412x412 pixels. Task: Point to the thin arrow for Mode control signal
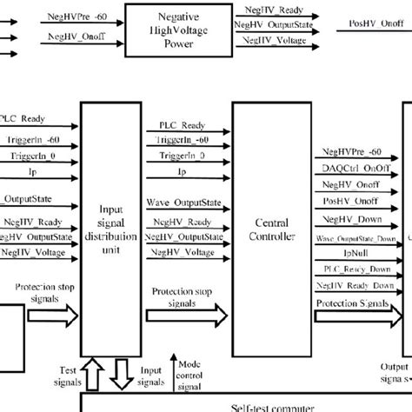point(176,372)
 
